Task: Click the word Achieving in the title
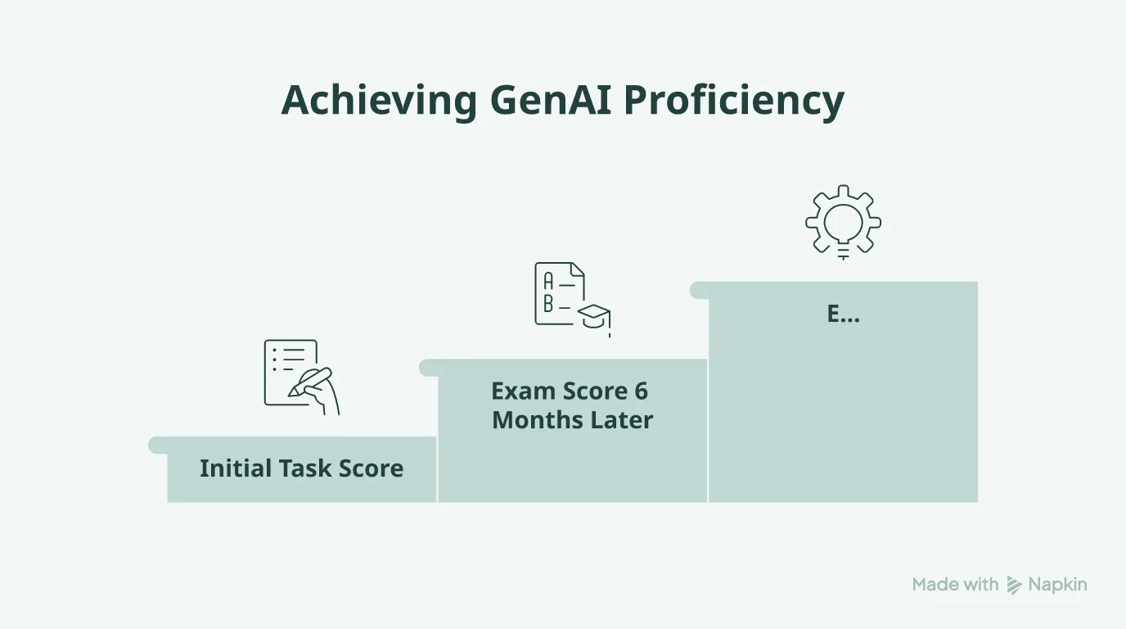tap(379, 101)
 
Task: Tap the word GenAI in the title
tap(551, 100)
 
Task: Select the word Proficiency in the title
tap(734, 101)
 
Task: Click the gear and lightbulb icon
tap(843, 222)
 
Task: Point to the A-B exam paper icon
tap(573, 300)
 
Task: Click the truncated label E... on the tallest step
tap(843, 314)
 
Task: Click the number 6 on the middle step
tap(641, 391)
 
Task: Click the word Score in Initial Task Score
tap(371, 468)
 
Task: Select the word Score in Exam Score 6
tap(595, 391)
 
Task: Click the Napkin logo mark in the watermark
tap(1014, 585)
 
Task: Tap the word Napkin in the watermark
tap(1057, 585)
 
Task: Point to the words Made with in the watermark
tap(955, 584)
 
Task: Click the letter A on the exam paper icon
tap(548, 281)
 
